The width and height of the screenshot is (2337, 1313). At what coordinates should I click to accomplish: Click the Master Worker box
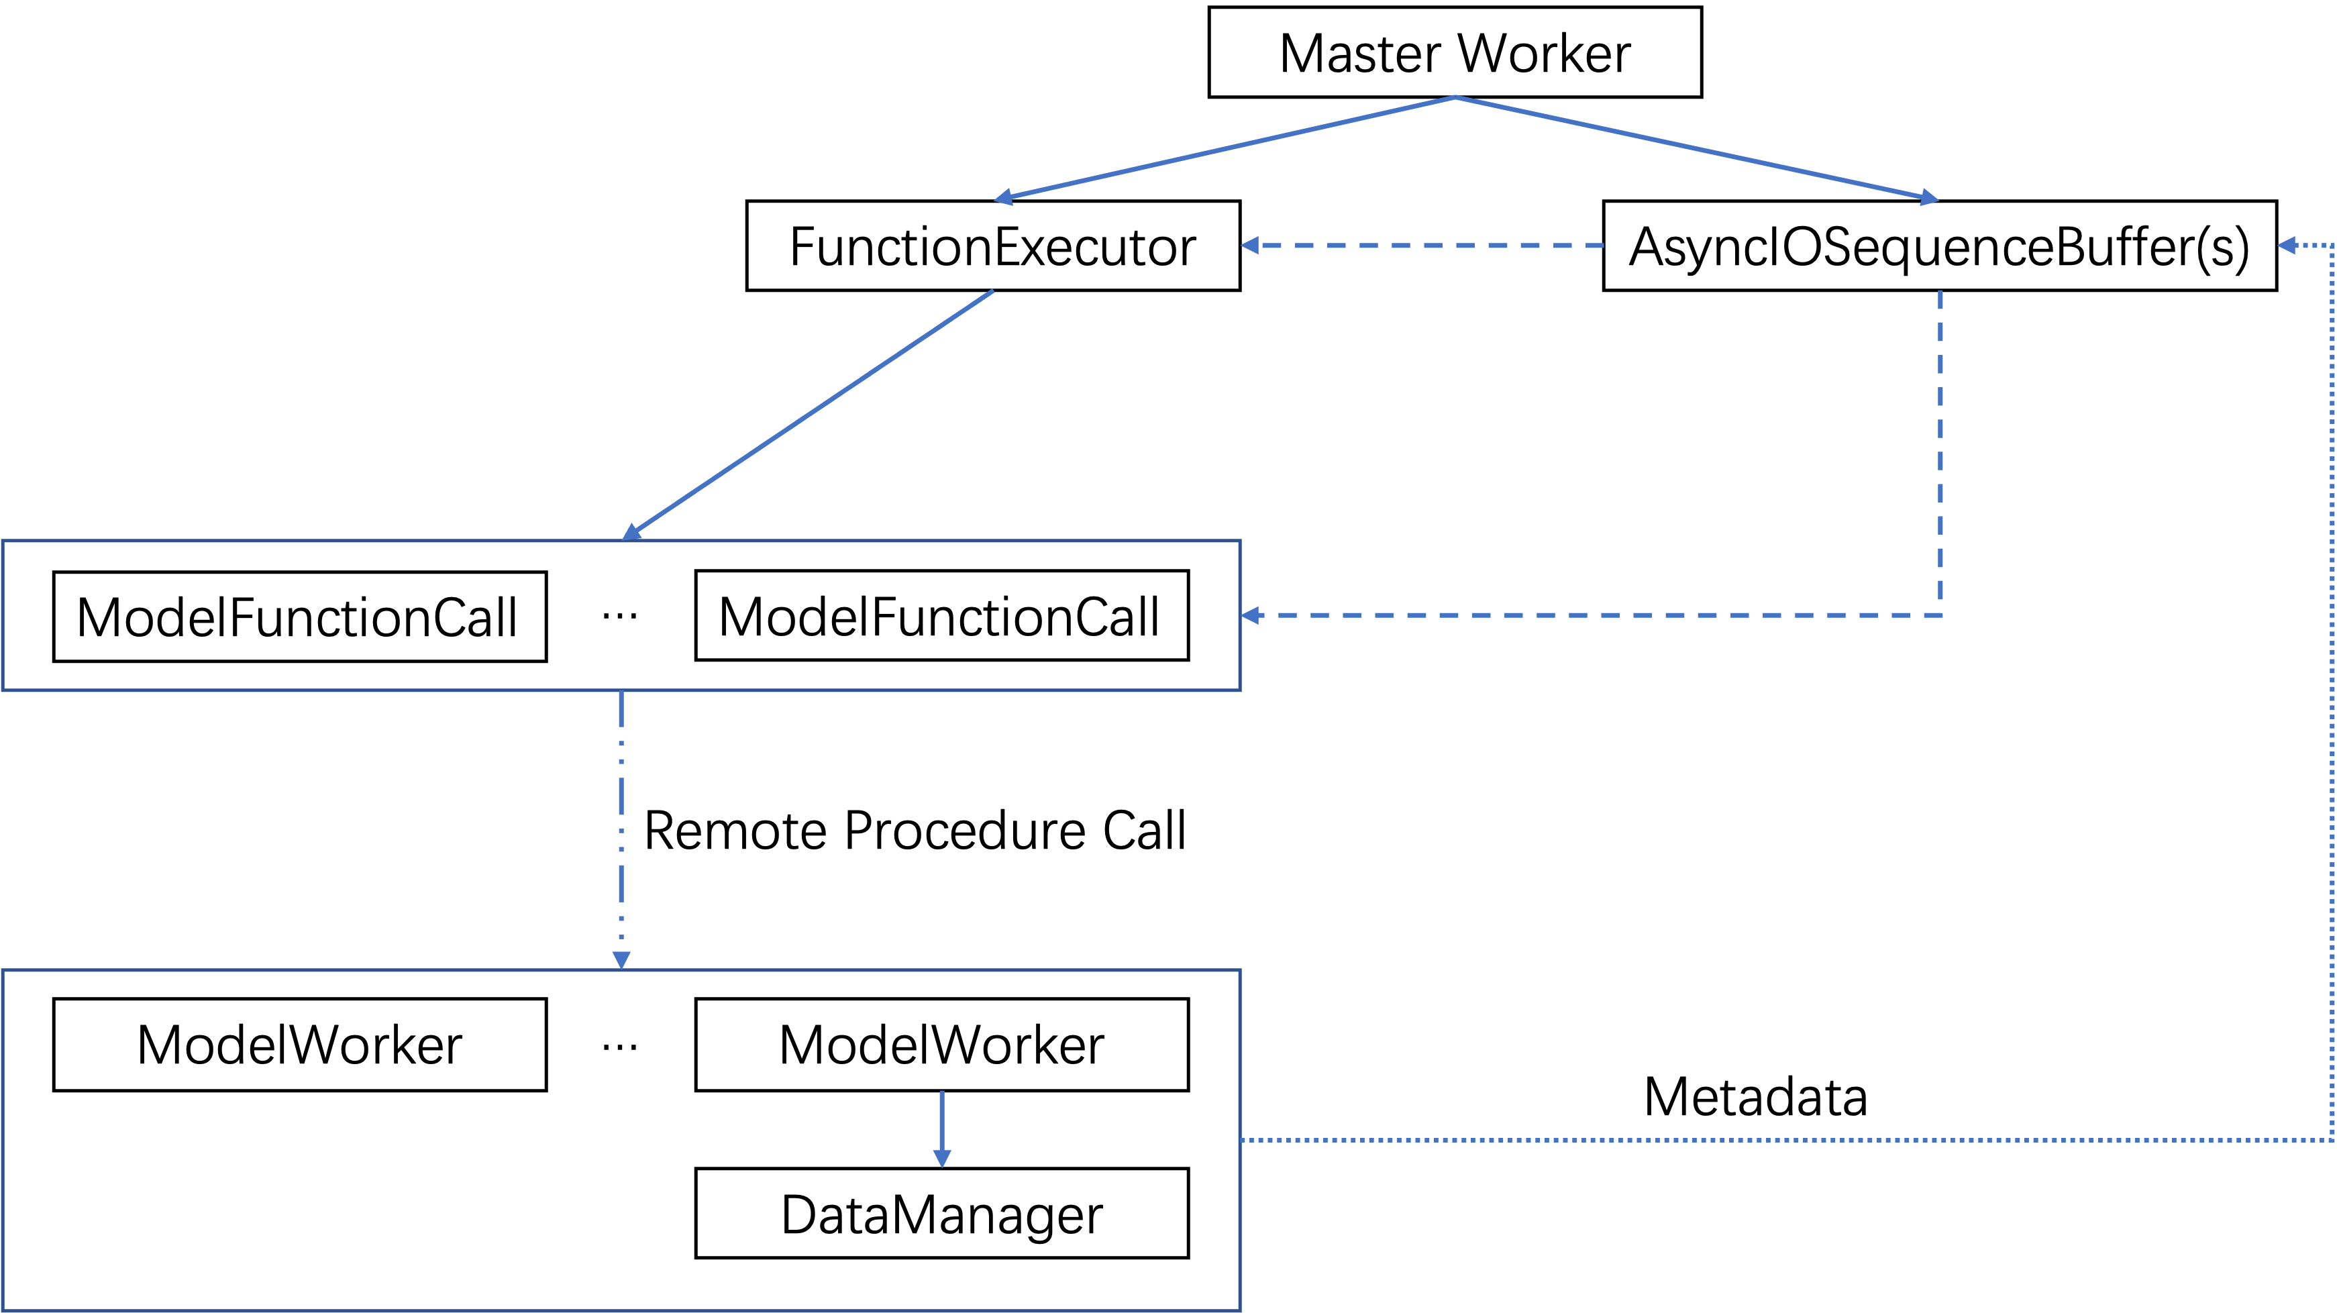click(1455, 52)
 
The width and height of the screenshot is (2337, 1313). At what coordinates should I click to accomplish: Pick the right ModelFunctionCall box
click(941, 616)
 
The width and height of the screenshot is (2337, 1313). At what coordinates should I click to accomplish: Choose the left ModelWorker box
click(301, 1045)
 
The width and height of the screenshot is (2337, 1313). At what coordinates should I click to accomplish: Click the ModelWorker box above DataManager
click(941, 1045)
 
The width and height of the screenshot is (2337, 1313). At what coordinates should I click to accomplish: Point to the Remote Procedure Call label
click(915, 830)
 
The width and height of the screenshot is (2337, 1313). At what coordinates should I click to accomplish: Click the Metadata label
click(1755, 1096)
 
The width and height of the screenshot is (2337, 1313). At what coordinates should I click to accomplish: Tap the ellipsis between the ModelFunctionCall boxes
click(619, 617)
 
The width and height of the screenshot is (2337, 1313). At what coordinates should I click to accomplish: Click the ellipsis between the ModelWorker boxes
click(619, 1047)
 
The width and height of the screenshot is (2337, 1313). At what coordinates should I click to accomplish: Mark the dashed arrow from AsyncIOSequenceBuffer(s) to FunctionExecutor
click(1422, 245)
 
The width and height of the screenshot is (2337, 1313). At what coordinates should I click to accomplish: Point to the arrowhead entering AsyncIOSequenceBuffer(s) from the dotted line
click(2288, 245)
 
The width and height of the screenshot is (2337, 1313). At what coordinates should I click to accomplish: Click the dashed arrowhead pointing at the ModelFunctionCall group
click(1251, 615)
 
